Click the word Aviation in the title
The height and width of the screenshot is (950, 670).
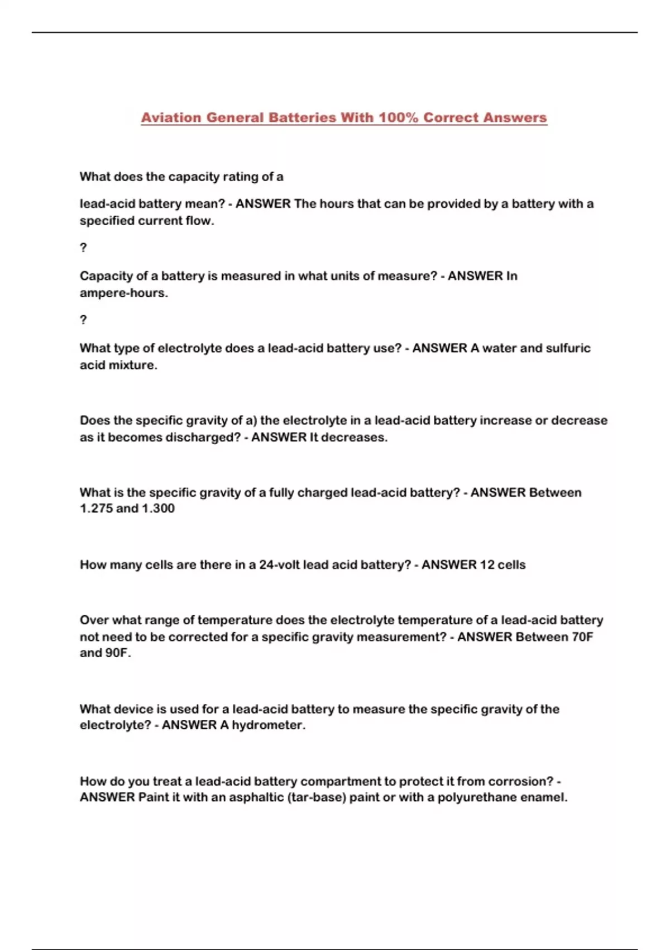coord(171,118)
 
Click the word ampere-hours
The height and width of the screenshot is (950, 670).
coord(123,293)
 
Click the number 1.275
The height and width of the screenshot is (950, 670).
coord(96,509)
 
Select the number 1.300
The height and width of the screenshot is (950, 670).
coord(159,509)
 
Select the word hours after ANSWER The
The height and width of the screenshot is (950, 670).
coord(337,204)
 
